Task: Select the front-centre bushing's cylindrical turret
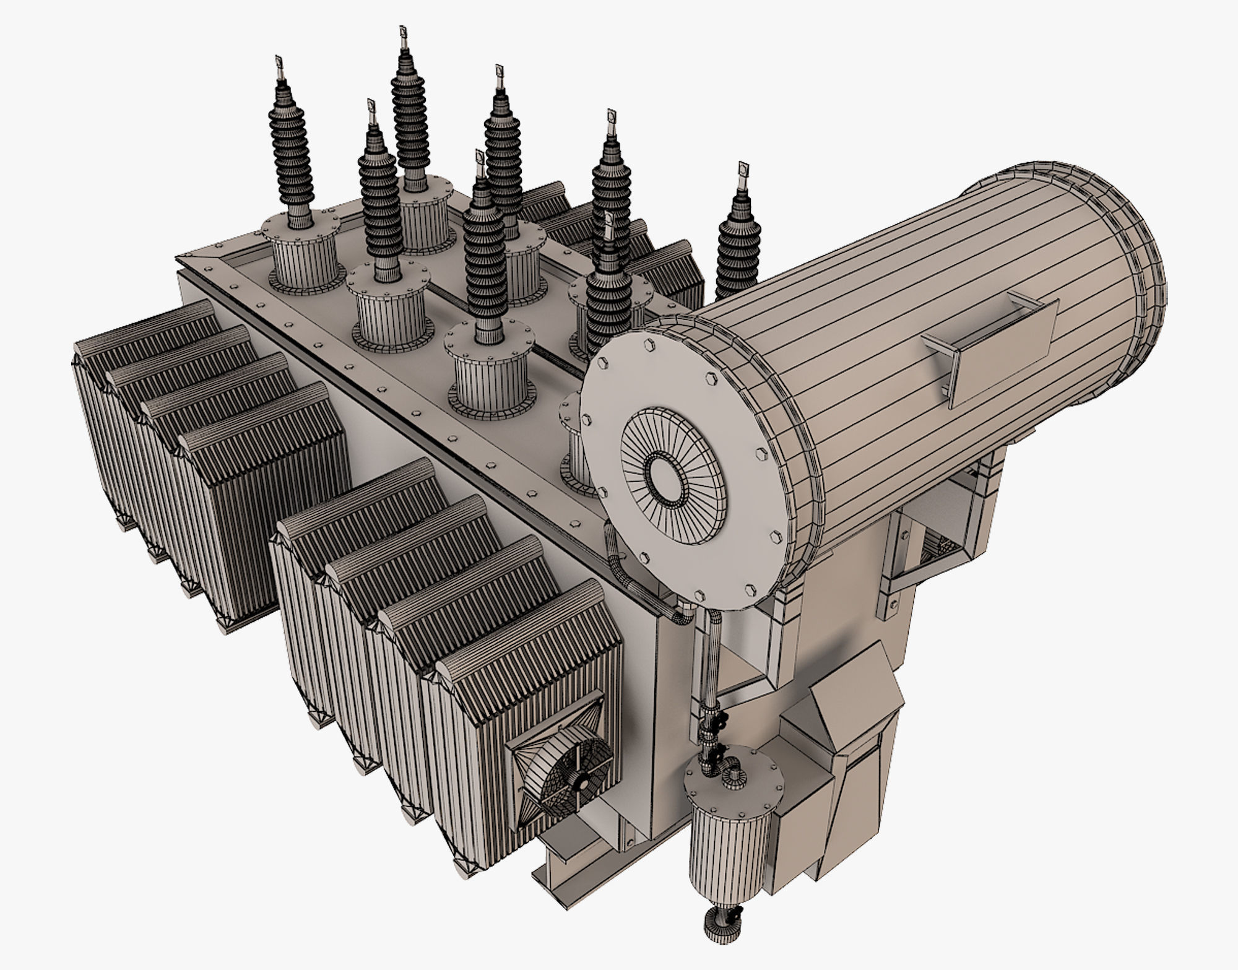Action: (489, 378)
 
